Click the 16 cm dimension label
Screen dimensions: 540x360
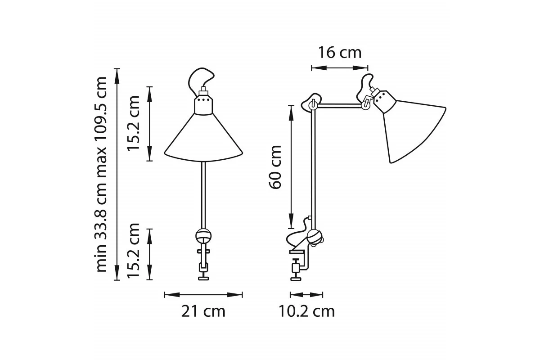point(340,53)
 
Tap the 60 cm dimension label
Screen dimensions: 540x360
point(275,167)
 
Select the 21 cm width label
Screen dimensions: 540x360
point(203,311)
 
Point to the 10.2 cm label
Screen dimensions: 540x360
point(306,311)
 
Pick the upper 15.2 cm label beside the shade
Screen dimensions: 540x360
point(134,123)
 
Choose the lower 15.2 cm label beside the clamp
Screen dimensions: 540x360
point(134,251)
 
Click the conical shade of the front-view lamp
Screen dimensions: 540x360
point(203,137)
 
